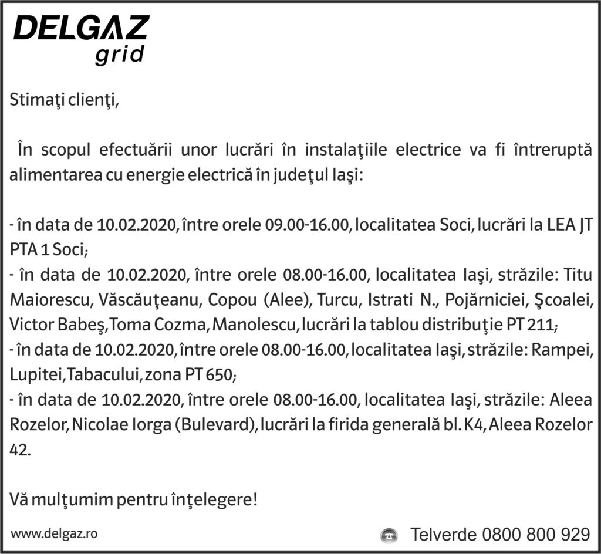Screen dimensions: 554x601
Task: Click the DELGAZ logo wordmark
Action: click(x=82, y=28)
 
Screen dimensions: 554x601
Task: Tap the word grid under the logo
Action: click(x=119, y=55)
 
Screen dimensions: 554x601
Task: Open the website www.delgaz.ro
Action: click(x=55, y=533)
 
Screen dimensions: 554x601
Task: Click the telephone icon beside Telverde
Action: click(x=389, y=535)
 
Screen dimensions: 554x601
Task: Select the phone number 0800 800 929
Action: click(x=535, y=535)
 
